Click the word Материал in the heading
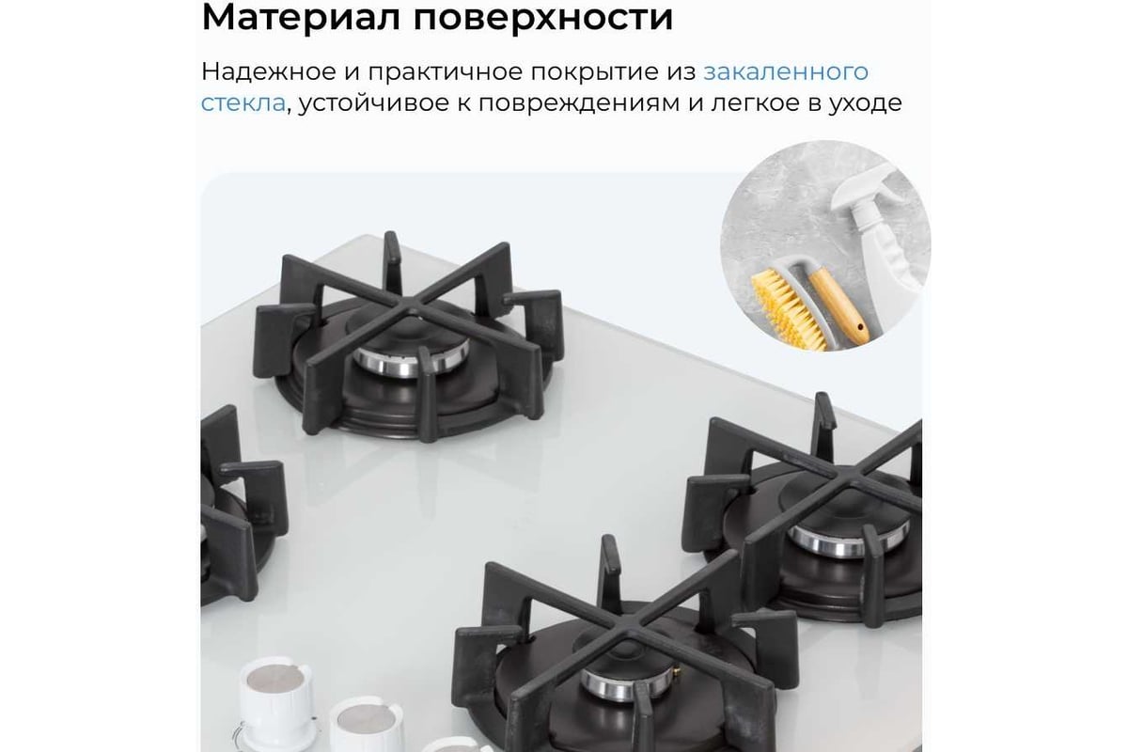click(x=301, y=17)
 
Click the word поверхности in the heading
click(x=543, y=19)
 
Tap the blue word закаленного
click(x=786, y=72)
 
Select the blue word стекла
click(x=243, y=103)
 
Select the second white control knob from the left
click(x=366, y=724)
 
